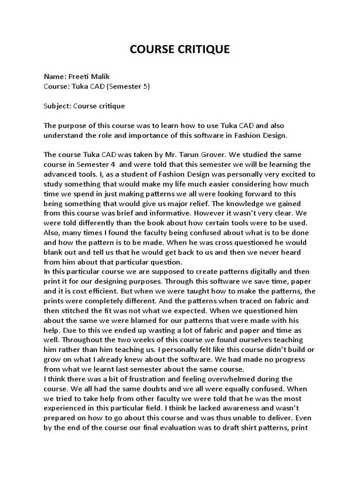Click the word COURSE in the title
click(x=149, y=49)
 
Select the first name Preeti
click(x=79, y=76)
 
